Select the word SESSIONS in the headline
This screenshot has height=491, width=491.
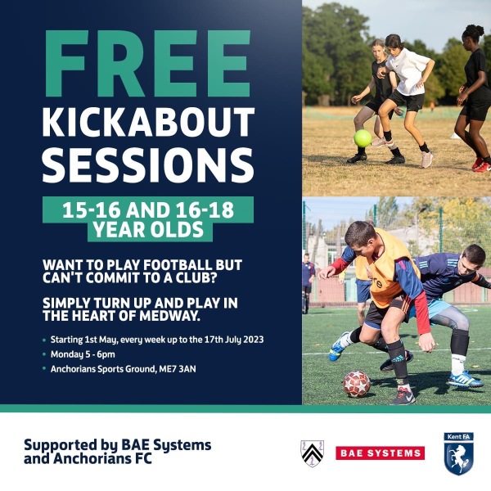click(x=148, y=164)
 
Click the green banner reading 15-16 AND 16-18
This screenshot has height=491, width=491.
click(x=148, y=208)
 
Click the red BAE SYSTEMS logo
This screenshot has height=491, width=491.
click(x=380, y=453)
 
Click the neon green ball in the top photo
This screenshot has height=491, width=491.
click(x=362, y=137)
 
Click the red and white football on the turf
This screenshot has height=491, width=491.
click(x=356, y=383)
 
